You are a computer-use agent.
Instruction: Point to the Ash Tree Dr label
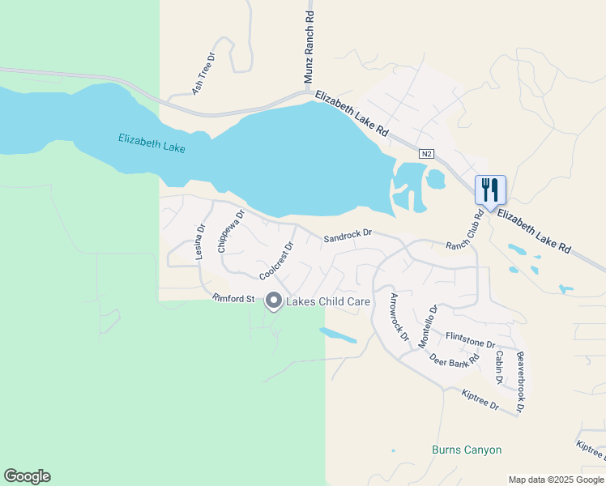pos(203,73)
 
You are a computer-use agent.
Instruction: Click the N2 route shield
pos(426,154)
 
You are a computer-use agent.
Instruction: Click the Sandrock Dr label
pos(348,237)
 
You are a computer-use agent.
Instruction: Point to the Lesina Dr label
pos(200,241)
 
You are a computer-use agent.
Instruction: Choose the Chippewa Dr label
pos(231,232)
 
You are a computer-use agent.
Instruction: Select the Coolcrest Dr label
pos(275,261)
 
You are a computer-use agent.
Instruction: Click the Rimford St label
pos(233,299)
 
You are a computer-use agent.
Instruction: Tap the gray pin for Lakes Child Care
pos(274,301)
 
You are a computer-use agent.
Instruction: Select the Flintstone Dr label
pos(470,339)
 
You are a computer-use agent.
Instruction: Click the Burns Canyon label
pos(467,450)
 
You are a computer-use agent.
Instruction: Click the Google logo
pos(27,476)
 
